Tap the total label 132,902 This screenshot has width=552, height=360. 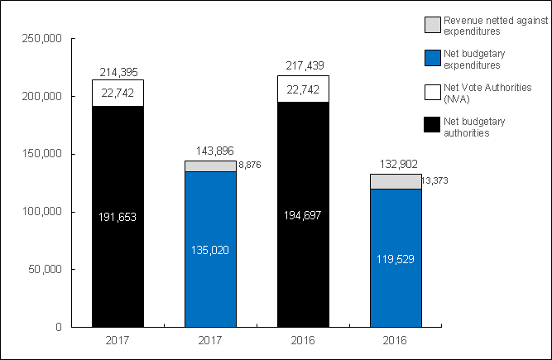tap(396, 165)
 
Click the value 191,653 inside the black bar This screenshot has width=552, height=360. tap(118, 217)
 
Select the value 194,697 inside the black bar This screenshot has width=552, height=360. tap(303, 215)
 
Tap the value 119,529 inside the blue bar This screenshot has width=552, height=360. tap(396, 258)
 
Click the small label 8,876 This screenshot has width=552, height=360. tap(249, 166)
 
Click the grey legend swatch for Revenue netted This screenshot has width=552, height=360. tap(431, 24)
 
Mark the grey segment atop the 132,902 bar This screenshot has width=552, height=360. tap(396, 181)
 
